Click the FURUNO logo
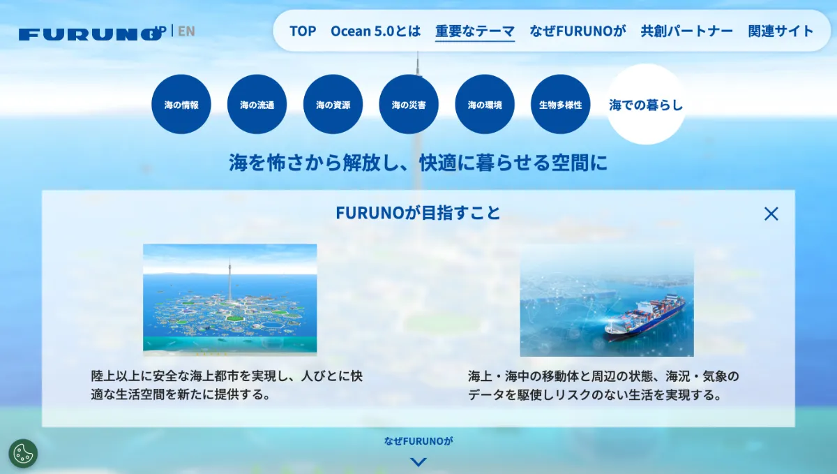click(x=90, y=34)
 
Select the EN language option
click(x=186, y=31)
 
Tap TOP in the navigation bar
click(x=303, y=31)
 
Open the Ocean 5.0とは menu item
click(x=375, y=31)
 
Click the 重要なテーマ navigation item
click(x=475, y=31)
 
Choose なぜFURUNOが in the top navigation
click(x=578, y=31)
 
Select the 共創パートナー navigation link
click(x=687, y=31)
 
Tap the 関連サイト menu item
click(x=781, y=31)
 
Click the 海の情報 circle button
click(x=181, y=105)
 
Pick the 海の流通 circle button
click(x=257, y=105)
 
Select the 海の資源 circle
click(x=333, y=105)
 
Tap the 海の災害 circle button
click(x=409, y=105)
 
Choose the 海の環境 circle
click(x=485, y=105)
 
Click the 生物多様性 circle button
click(x=561, y=105)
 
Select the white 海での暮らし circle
click(x=646, y=105)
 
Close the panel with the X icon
click(x=771, y=214)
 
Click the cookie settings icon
click(x=23, y=454)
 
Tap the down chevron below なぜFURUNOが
click(x=418, y=462)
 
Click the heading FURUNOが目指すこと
click(x=418, y=213)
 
